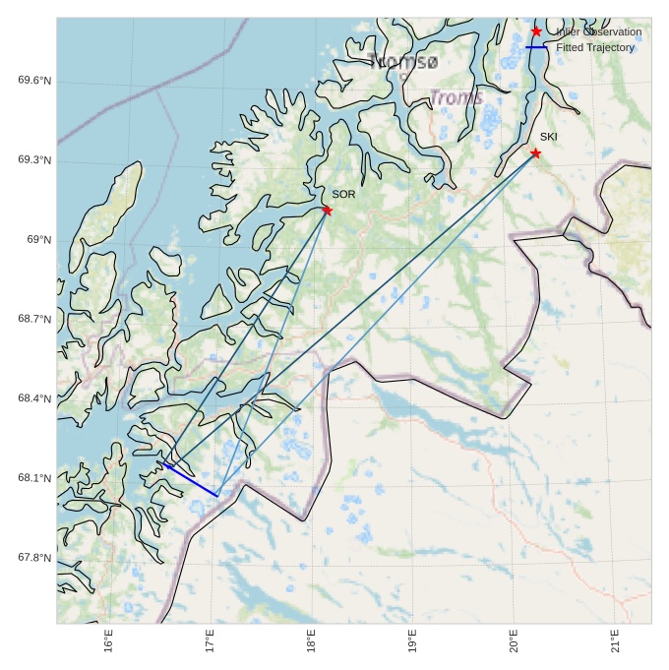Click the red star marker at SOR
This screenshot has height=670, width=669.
pyautogui.click(x=327, y=210)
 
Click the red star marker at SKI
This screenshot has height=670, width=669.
pyautogui.click(x=535, y=152)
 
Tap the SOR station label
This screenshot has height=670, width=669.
pyautogui.click(x=343, y=195)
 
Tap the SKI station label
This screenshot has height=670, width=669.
pyautogui.click(x=548, y=137)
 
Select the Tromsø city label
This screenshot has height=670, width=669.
pyautogui.click(x=403, y=62)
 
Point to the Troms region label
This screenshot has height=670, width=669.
pyautogui.click(x=456, y=97)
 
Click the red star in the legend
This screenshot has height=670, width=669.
pyautogui.click(x=536, y=31)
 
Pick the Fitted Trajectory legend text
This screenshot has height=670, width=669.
pyautogui.click(x=595, y=47)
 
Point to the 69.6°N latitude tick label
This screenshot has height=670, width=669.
pyautogui.click(x=34, y=81)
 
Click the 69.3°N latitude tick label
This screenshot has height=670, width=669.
pyautogui.click(x=34, y=160)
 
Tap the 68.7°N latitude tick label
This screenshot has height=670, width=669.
pyautogui.click(x=34, y=320)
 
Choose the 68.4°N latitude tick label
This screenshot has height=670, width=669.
pyautogui.click(x=34, y=399)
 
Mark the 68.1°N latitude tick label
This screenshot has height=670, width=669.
pyautogui.click(x=34, y=479)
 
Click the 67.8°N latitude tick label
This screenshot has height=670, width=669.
pyautogui.click(x=34, y=559)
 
